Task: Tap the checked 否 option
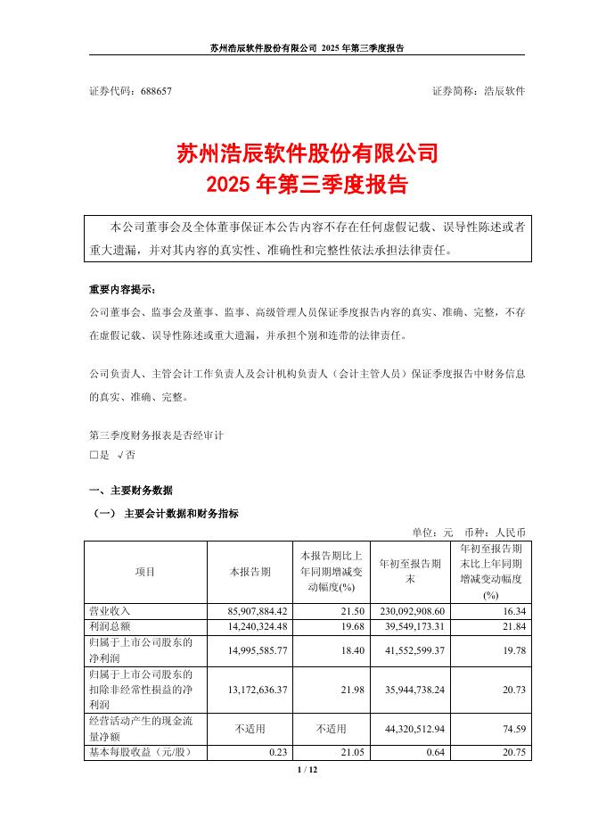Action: click(x=126, y=454)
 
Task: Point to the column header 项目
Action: click(x=144, y=571)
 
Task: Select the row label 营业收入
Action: click(x=110, y=610)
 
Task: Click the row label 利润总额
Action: click(x=110, y=625)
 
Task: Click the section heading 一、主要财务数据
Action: click(x=131, y=491)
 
